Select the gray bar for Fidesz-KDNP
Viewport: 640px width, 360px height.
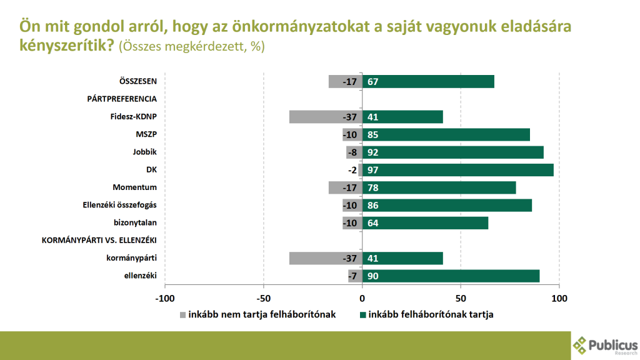point(326,117)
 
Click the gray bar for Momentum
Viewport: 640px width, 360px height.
point(345,187)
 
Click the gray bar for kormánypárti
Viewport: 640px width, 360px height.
point(326,258)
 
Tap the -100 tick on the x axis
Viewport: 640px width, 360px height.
point(165,298)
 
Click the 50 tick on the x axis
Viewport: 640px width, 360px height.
point(461,298)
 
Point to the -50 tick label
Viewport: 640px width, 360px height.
point(263,298)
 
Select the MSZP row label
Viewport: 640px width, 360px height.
point(146,134)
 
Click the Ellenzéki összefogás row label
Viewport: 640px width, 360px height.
point(119,205)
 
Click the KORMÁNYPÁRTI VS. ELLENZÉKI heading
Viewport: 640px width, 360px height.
point(99,240)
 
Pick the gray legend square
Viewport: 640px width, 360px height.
point(182,315)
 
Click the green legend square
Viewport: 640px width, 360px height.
point(362,315)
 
